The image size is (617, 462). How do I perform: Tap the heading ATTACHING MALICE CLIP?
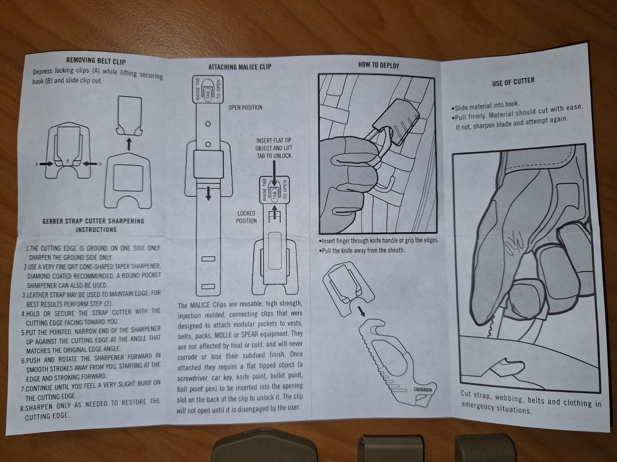coord(240,67)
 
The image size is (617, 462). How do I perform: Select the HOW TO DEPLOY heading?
coord(379,65)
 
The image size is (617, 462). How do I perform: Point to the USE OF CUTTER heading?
coord(513,82)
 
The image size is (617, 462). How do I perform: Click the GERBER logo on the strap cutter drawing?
coord(423,389)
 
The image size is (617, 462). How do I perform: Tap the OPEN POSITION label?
coord(245,108)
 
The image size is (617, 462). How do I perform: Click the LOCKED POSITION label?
coord(246,217)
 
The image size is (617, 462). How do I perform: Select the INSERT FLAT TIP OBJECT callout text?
coord(274,148)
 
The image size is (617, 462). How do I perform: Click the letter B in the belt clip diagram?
coord(67,161)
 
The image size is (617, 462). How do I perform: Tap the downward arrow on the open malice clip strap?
coord(208,194)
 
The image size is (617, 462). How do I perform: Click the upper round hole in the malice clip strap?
coord(208,124)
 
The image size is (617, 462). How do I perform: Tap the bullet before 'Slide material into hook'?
coord(453,109)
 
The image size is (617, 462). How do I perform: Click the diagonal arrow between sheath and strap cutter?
coord(361,311)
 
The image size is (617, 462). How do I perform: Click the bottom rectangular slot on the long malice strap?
coord(208,286)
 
